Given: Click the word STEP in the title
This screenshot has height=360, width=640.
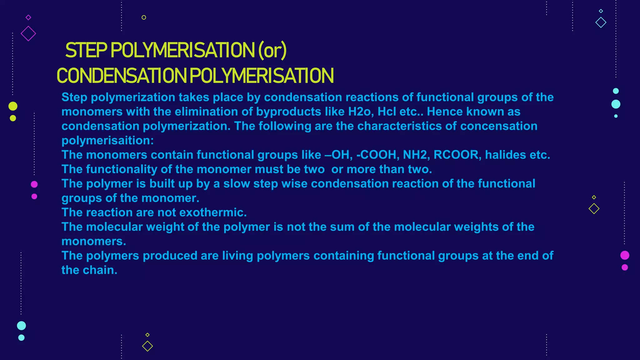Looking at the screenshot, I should click(86, 50).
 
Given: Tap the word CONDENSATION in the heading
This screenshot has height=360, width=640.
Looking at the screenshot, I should click(122, 76).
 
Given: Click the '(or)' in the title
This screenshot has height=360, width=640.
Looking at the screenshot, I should click(272, 50).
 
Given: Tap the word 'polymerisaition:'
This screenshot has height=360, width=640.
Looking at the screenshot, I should click(107, 140).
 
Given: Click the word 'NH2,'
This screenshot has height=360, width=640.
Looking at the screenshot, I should click(416, 155).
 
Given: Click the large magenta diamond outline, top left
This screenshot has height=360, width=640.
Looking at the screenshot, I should click(28, 33).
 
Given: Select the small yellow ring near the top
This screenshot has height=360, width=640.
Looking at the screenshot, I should click(144, 17).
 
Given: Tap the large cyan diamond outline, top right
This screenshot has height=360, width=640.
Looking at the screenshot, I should click(601, 22).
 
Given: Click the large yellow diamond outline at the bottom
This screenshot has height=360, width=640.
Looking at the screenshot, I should click(147, 346).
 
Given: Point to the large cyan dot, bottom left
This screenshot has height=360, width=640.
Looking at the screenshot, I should click(21, 326).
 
